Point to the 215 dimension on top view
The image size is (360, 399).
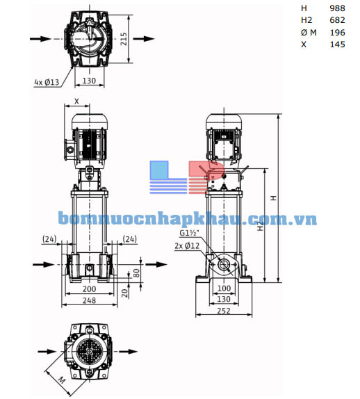click(124, 39)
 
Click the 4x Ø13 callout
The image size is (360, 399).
click(47, 81)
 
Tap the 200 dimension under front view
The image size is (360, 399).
click(90, 288)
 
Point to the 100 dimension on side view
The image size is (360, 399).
click(223, 288)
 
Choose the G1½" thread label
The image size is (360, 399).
click(190, 234)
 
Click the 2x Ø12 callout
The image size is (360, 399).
click(187, 245)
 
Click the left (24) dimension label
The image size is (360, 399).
click(49, 240)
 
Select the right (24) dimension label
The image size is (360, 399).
click(130, 240)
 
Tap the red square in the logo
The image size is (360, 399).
click(213, 170)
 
